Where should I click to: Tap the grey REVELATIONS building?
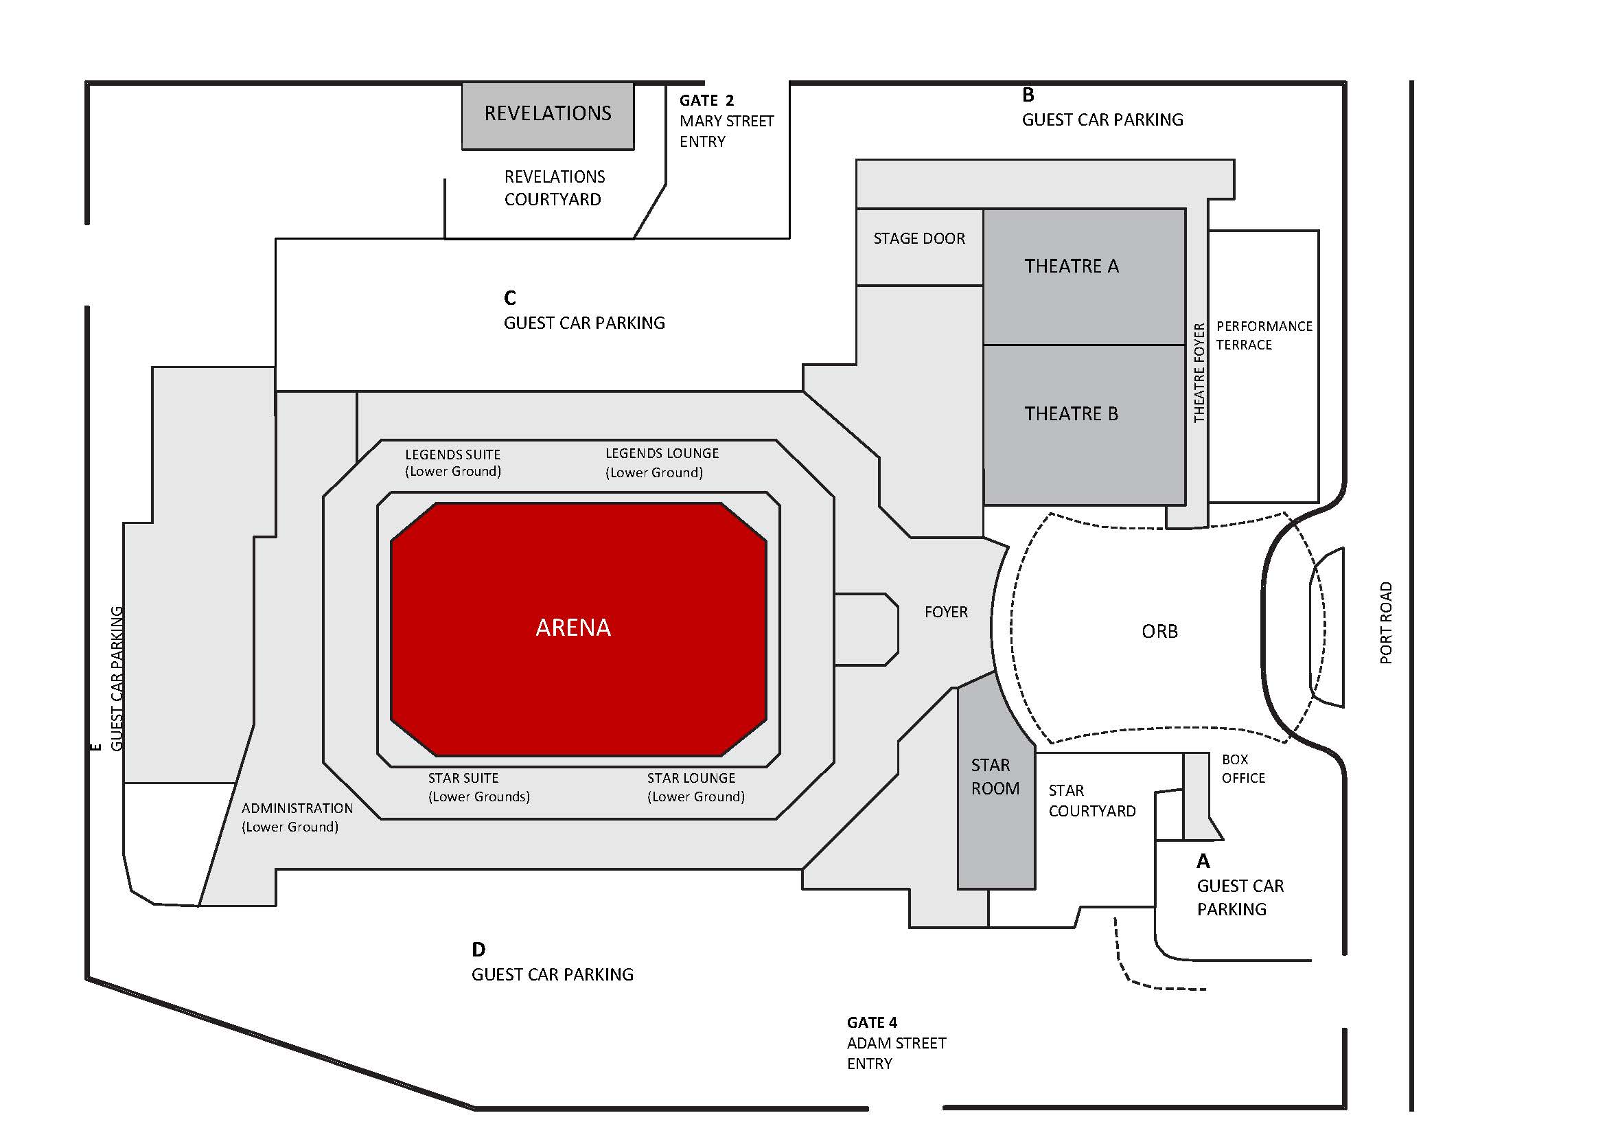click(547, 115)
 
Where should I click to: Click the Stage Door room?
click(919, 246)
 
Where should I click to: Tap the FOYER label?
click(945, 612)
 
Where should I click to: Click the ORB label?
click(1159, 632)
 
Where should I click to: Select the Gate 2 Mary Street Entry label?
click(726, 121)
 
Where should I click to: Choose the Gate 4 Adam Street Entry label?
click(896, 1042)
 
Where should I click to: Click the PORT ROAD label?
click(1385, 623)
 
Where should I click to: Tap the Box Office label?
click(1243, 769)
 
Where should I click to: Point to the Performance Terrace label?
click(1263, 335)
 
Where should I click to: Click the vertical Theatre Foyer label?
click(1199, 373)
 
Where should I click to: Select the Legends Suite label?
click(453, 463)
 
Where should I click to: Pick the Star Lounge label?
click(695, 787)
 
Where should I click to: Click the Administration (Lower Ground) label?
click(297, 817)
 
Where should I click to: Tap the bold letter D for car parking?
click(478, 950)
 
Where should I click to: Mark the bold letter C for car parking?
click(509, 298)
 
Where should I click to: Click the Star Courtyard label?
click(1091, 801)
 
